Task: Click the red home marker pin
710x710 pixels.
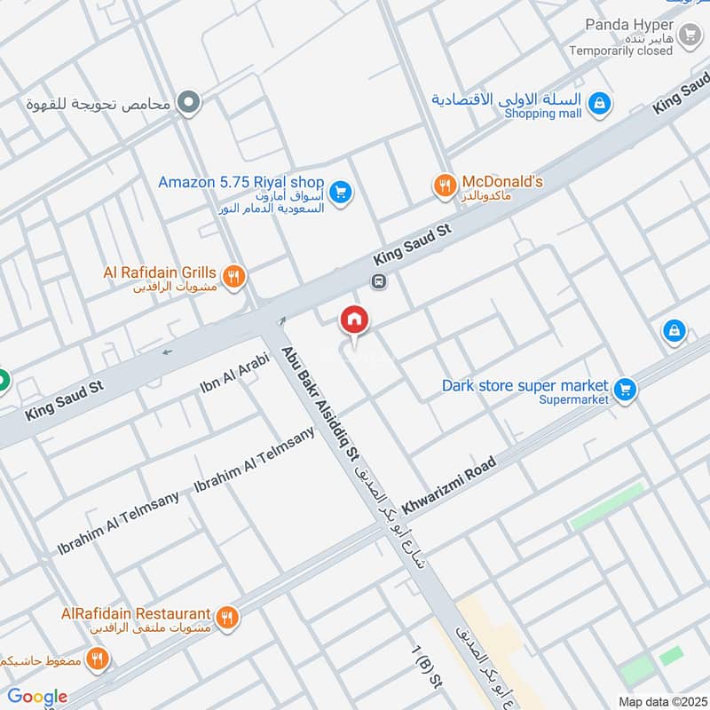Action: coord(354,320)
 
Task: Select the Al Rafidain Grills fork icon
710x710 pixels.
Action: coord(233,275)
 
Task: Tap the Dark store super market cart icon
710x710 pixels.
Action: coord(625,389)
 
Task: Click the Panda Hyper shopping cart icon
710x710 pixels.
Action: coord(689,35)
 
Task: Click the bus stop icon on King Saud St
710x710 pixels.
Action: coord(379,281)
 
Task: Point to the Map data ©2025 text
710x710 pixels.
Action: coord(661,701)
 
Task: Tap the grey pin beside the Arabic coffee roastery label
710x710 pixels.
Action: coord(187,104)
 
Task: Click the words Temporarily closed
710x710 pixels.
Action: coord(621,51)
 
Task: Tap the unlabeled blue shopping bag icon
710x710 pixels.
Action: coord(674,332)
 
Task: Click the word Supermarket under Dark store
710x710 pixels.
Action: coord(574,400)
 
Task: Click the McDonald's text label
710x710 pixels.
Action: coord(502,182)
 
